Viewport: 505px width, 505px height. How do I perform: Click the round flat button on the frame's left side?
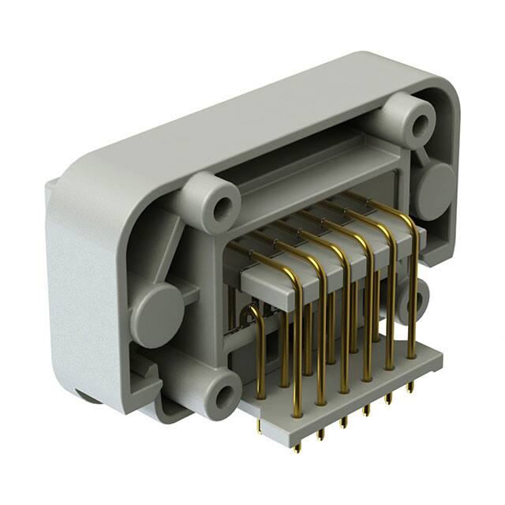point(156,311)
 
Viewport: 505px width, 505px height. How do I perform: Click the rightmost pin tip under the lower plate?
point(410,386)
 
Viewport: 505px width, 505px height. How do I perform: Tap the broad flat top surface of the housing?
point(237,118)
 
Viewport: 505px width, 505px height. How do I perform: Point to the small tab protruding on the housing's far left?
point(50,189)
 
